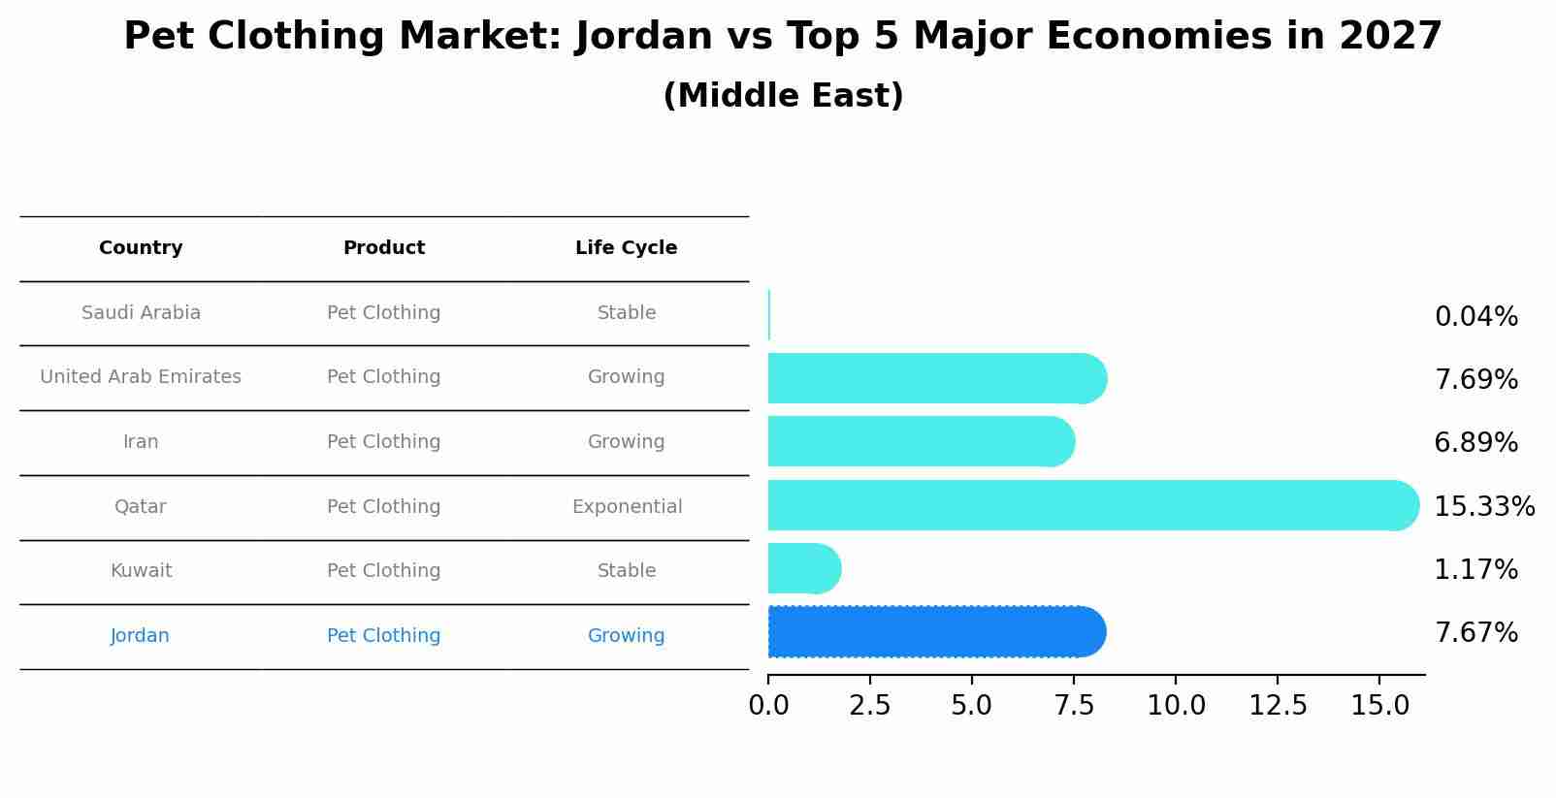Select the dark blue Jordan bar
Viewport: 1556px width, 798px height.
[x=931, y=632]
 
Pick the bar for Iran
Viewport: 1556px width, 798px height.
[x=917, y=441]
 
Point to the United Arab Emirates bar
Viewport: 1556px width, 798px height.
[x=931, y=378]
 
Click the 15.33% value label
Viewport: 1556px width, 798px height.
[x=1483, y=507]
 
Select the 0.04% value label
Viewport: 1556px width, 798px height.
[x=1475, y=317]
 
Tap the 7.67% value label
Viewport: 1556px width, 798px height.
[x=1475, y=633]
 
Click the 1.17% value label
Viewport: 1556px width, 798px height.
[x=1475, y=570]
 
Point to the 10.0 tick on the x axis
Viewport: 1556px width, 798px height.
[x=1176, y=706]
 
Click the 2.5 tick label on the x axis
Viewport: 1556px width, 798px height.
[x=870, y=706]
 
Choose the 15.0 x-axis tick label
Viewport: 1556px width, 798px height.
[x=1379, y=706]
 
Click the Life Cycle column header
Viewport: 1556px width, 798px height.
[x=626, y=248]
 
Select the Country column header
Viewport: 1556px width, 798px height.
[x=141, y=248]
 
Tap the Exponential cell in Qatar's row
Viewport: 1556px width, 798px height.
[x=627, y=507]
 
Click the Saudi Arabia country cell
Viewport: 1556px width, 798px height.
[x=141, y=313]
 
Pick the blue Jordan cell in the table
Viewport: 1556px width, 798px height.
[x=140, y=636]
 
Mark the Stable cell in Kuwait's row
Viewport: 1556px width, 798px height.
[x=627, y=571]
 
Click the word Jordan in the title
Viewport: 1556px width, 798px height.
[x=642, y=37]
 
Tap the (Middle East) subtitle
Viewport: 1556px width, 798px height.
[x=783, y=96]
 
